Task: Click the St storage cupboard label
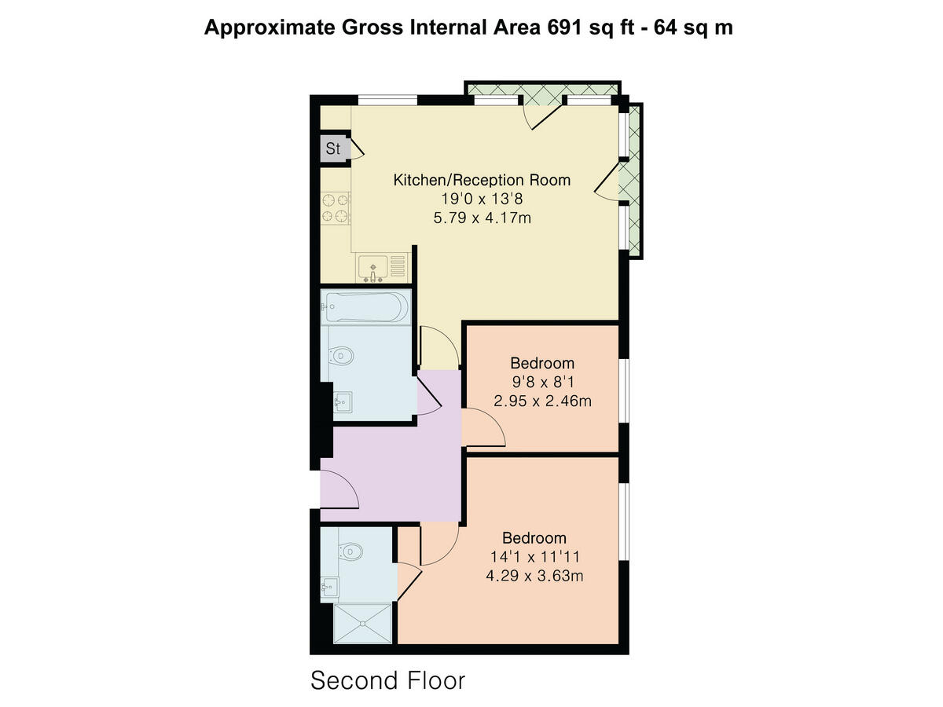[333, 148]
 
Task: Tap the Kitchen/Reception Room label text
[482, 180]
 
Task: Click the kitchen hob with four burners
[336, 207]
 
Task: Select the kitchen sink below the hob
[375, 266]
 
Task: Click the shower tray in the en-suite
[362, 625]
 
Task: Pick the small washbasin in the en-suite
[329, 585]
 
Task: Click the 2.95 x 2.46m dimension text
[542, 401]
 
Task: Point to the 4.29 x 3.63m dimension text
[534, 576]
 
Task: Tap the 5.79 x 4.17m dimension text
[482, 218]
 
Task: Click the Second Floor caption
[388, 680]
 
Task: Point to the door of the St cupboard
[355, 148]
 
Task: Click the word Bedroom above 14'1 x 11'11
[534, 538]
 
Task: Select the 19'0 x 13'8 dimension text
[482, 200]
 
